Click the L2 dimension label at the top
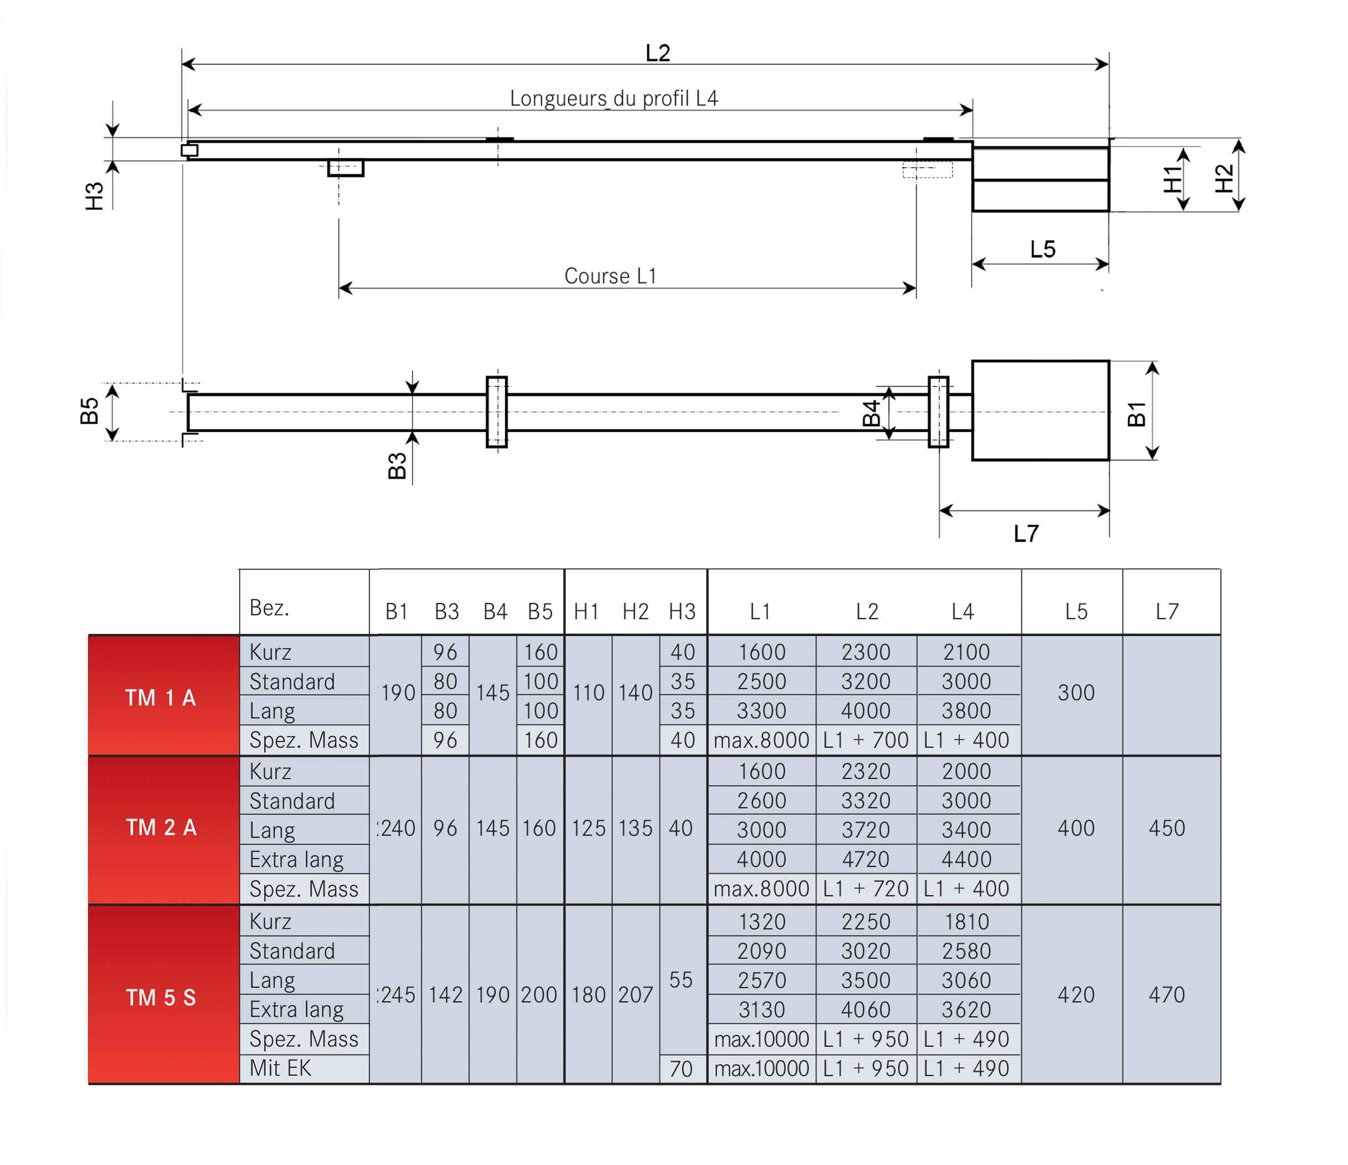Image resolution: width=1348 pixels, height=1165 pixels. click(658, 53)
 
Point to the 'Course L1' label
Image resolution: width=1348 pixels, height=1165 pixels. click(610, 276)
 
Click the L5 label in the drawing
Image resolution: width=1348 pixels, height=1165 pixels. click(1042, 249)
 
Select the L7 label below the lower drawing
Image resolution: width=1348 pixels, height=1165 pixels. click(1026, 533)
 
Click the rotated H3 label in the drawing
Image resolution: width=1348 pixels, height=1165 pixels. click(94, 196)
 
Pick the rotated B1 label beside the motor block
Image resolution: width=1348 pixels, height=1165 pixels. click(1136, 414)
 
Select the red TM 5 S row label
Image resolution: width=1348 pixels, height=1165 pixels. click(161, 997)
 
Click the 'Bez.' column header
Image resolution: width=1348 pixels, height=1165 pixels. click(269, 607)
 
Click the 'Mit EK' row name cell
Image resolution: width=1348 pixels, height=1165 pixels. click(280, 1068)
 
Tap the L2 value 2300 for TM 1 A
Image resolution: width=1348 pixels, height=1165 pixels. click(866, 652)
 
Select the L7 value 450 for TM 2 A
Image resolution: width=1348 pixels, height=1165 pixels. click(1166, 828)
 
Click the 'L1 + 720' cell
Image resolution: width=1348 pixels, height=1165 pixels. click(866, 889)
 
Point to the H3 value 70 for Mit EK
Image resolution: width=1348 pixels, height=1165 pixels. click(681, 1069)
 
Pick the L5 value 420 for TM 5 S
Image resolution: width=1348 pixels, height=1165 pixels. click(1076, 994)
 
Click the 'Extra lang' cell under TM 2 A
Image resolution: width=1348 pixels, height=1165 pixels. click(297, 860)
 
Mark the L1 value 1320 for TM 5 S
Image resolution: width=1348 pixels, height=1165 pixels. click(762, 922)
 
